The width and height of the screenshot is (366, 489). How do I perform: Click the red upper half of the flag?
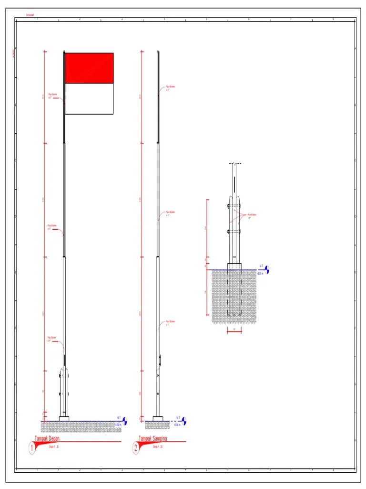click(89, 68)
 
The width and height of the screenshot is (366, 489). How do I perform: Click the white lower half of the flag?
click(89, 99)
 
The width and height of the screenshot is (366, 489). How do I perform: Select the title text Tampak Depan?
click(49, 438)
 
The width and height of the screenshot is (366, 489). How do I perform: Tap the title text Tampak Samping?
click(152, 438)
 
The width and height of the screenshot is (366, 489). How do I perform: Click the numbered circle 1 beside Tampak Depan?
click(32, 448)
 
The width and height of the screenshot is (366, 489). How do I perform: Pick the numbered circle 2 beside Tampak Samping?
click(136, 448)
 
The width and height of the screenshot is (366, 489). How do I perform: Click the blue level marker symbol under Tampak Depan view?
click(125, 421)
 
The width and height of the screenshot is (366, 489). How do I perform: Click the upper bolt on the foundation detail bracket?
click(229, 206)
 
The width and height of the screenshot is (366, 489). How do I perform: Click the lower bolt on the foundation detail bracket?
click(229, 232)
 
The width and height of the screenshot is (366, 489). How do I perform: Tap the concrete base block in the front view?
click(64, 419)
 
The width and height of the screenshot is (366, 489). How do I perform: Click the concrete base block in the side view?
click(158, 419)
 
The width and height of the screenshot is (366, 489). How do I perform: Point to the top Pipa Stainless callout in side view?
click(170, 88)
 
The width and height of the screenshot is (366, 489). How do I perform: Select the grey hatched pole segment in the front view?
click(64, 201)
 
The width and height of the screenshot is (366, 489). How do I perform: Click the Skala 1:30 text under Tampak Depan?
click(53, 447)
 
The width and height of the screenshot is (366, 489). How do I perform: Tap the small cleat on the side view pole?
click(161, 358)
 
